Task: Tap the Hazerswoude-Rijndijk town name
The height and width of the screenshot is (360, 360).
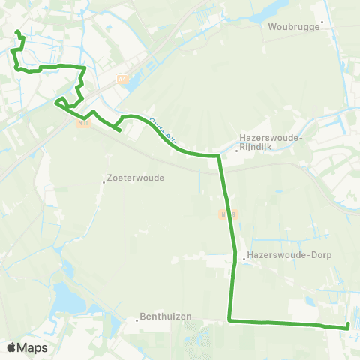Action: tap(271, 142)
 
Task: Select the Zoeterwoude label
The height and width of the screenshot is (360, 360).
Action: tap(136, 178)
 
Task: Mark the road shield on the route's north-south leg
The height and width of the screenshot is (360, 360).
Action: tap(224, 214)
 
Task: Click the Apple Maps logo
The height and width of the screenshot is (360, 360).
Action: tap(28, 347)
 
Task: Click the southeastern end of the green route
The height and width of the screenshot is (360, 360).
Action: tap(348, 325)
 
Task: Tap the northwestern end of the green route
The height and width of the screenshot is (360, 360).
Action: tap(16, 31)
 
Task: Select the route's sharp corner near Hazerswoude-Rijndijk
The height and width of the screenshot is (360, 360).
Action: tap(218, 156)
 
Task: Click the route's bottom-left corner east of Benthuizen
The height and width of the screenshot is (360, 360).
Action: tap(229, 321)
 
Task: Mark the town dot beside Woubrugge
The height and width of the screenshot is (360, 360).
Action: tap(322, 22)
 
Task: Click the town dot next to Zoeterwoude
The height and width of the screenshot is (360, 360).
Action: tap(105, 179)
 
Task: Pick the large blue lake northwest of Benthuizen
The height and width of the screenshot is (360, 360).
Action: tap(72, 300)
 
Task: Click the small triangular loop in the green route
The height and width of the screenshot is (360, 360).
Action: tap(61, 102)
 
